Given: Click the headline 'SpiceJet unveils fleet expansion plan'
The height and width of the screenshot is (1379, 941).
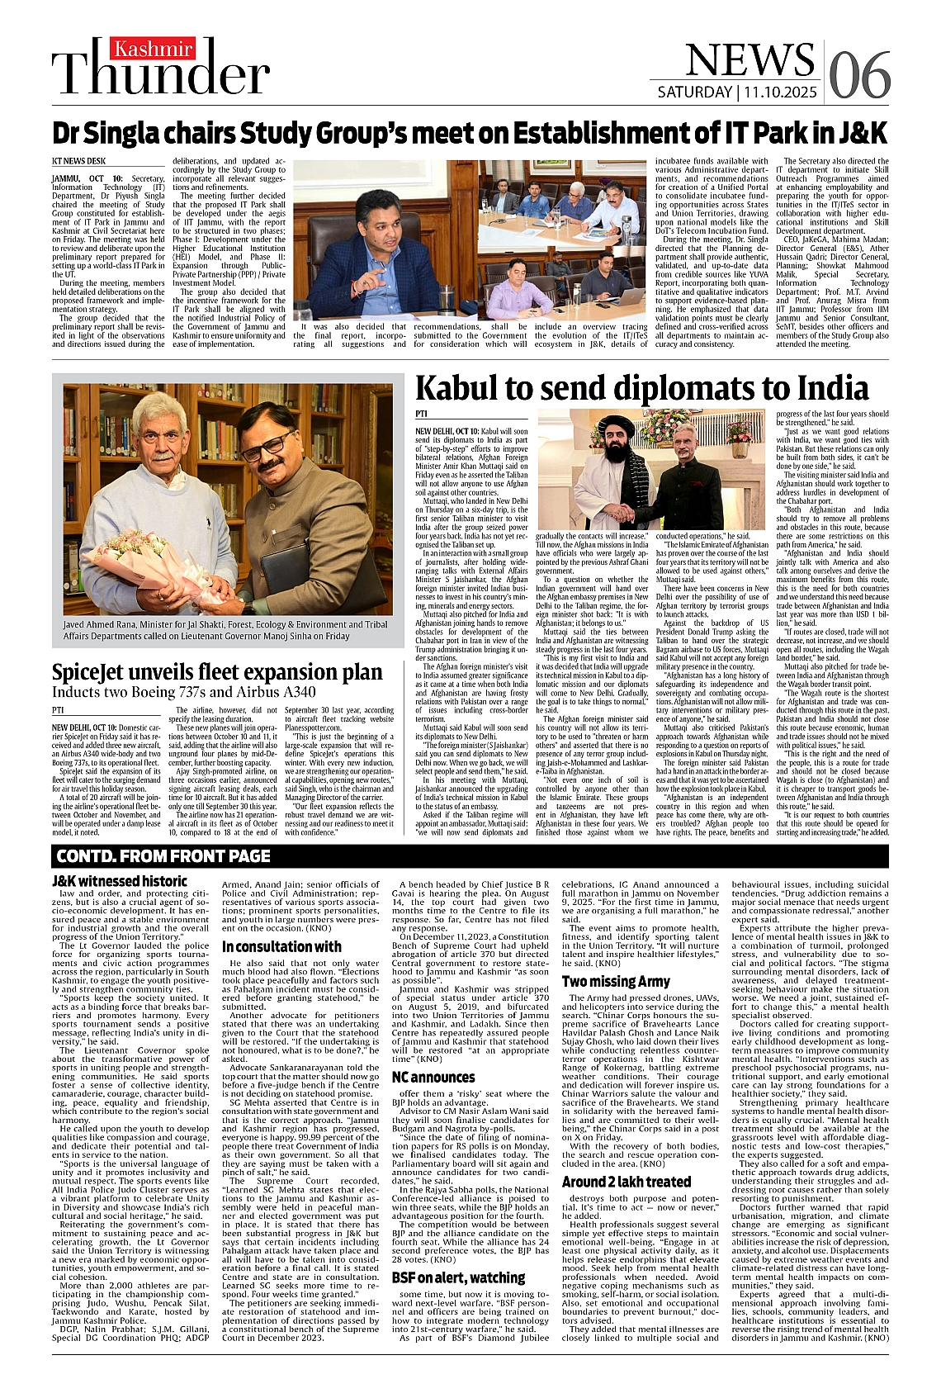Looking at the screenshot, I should pyautogui.click(x=217, y=672).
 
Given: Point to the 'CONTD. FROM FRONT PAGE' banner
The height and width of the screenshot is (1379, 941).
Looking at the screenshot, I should pyautogui.click(x=163, y=855).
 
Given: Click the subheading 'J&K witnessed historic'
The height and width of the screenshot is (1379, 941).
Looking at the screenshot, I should pyautogui.click(x=120, y=881).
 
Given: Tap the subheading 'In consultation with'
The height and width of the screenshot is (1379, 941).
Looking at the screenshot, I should pyautogui.click(x=281, y=946).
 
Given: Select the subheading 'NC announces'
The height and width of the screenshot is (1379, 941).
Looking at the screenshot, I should pyautogui.click(x=433, y=1077).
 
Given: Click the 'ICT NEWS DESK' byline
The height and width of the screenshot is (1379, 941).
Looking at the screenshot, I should pyautogui.click(x=78, y=161).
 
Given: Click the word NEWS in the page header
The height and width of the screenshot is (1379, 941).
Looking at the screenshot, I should pyautogui.click(x=749, y=59).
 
